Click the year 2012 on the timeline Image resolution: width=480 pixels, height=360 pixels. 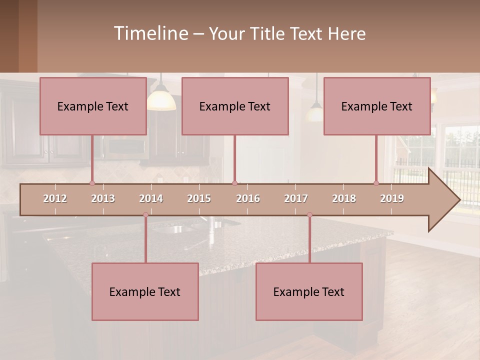point(55,198)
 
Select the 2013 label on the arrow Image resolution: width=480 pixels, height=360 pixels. point(103,198)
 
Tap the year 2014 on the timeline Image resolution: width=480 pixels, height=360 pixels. point(151,198)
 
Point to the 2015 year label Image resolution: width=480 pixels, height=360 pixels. point(199,198)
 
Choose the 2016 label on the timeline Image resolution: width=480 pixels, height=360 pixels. point(248,198)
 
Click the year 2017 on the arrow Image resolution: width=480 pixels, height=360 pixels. point(296,198)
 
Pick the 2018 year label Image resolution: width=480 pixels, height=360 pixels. point(344,198)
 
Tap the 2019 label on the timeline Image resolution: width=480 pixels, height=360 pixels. point(392,198)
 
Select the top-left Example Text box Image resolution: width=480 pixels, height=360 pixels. point(93,106)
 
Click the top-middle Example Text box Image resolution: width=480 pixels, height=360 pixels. point(235,106)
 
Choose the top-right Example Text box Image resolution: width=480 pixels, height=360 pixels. point(377,106)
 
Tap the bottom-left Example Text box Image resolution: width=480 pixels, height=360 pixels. point(145,291)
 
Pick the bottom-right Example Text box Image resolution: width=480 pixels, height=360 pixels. point(309,291)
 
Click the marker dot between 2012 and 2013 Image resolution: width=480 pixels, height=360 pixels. point(92,183)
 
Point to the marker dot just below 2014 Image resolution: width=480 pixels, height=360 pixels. point(145,215)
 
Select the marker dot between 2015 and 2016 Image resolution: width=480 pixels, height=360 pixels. point(234,183)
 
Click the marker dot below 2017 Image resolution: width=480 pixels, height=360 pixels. point(309,215)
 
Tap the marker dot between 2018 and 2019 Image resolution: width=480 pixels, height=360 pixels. point(376,183)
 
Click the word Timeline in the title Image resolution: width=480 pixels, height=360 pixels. point(150,33)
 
